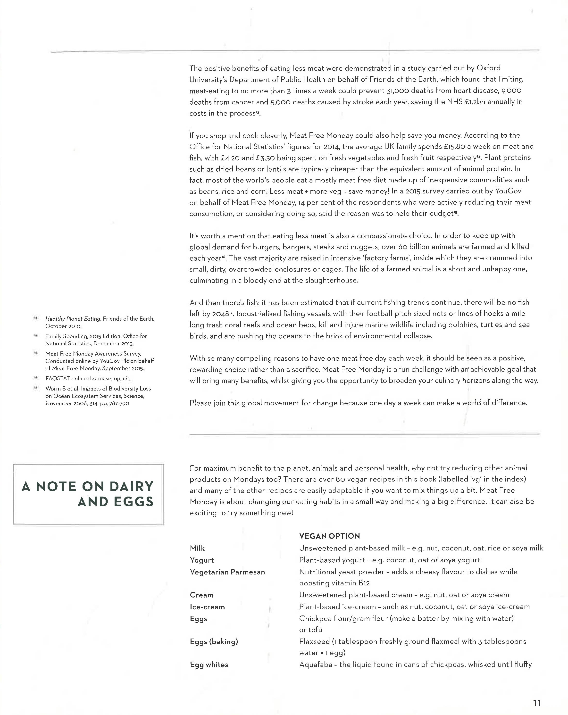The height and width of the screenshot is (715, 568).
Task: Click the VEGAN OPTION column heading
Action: click(329, 536)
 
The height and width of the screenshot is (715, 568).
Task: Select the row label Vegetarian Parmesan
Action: click(227, 572)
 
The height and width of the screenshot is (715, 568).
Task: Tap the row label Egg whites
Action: click(209, 665)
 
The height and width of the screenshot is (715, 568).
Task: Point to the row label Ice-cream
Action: click(207, 607)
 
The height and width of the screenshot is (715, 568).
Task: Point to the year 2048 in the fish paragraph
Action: click(219, 314)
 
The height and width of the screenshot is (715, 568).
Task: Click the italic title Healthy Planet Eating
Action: click(73, 319)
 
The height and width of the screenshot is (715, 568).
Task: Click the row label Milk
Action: click(197, 548)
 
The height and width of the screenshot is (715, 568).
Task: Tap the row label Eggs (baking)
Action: click(214, 642)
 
